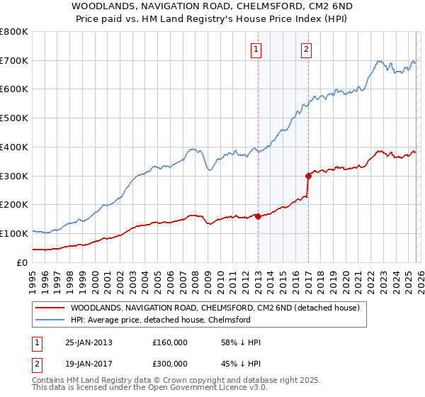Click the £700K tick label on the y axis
[x=14, y=61]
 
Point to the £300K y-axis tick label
[x=14, y=176]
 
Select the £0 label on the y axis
[x=23, y=262]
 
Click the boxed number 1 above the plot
[x=255, y=49]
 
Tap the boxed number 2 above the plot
[x=306, y=49]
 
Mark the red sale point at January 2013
[x=258, y=216]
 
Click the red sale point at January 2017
[x=308, y=176]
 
